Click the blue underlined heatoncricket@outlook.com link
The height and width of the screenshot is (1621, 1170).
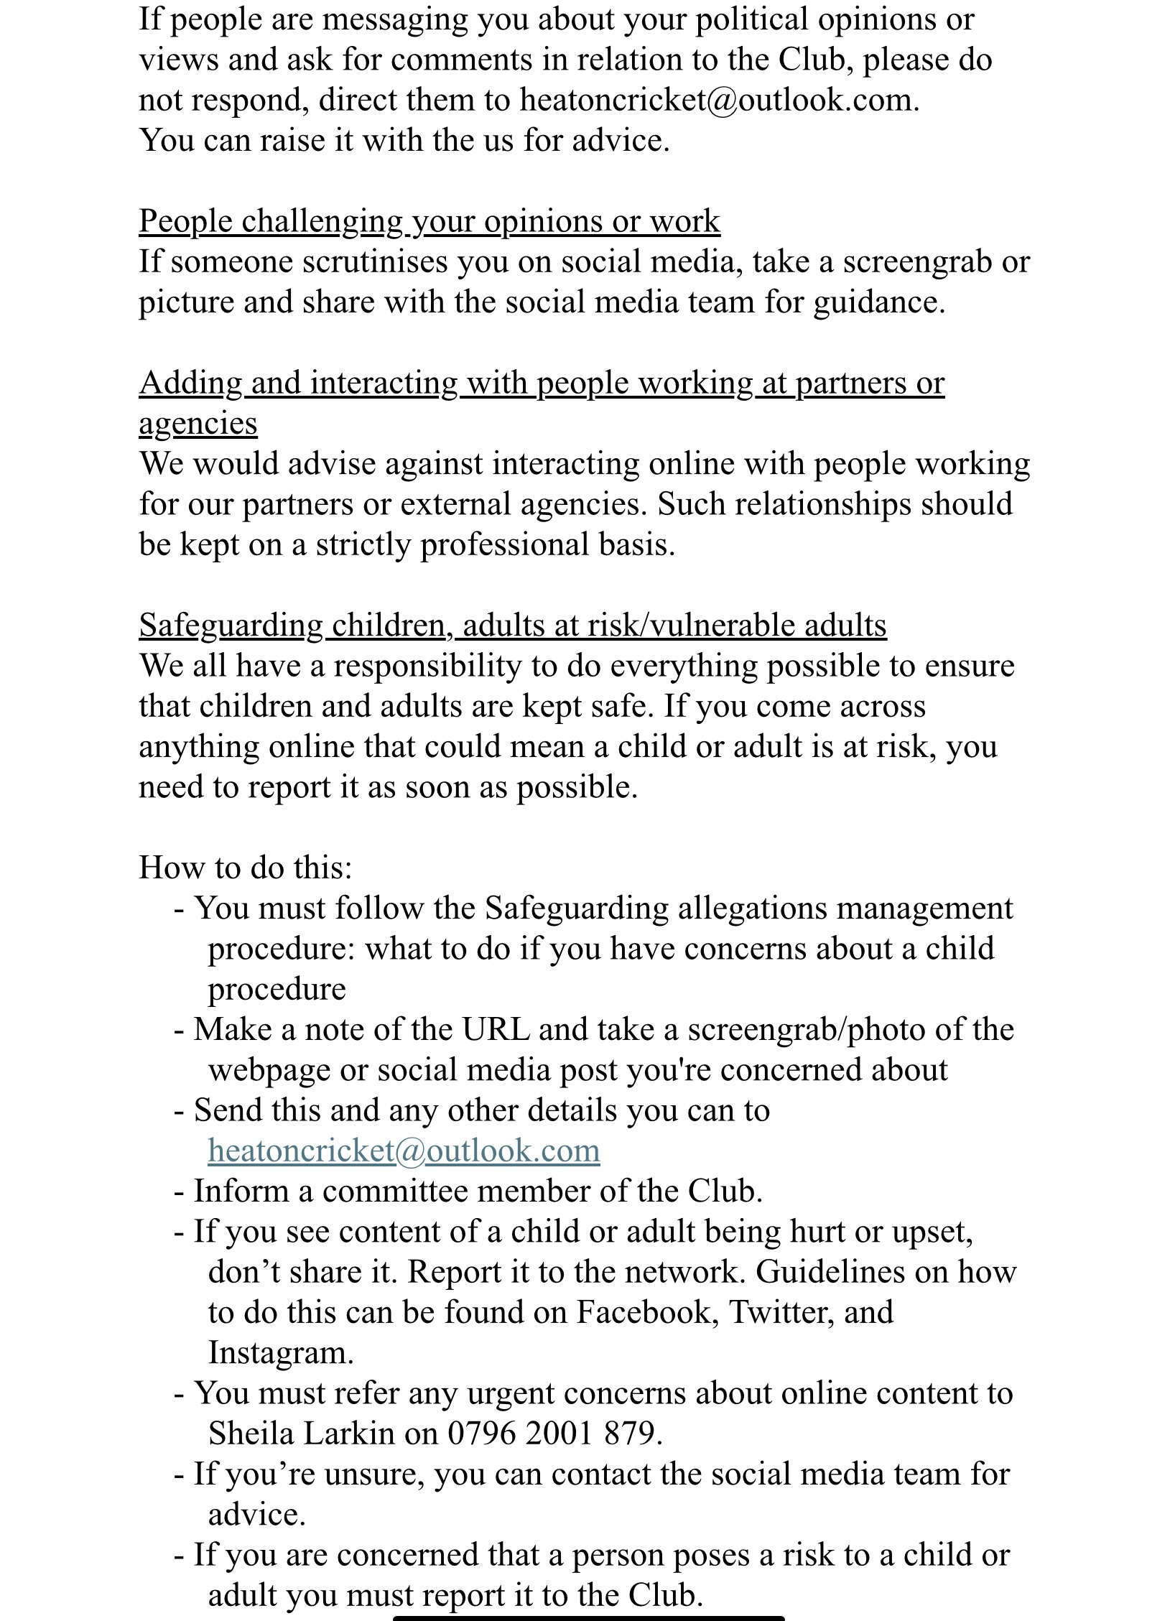click(x=404, y=1151)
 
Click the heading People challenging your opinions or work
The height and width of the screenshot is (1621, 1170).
click(x=429, y=221)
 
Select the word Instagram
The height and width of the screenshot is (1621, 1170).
click(x=280, y=1352)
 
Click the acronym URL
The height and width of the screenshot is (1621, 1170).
click(x=496, y=1029)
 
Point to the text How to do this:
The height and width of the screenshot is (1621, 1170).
click(x=246, y=868)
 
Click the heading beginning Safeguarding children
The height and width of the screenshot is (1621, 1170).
click(x=512, y=625)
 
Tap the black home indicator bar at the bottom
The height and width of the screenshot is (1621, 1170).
click(x=588, y=1617)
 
